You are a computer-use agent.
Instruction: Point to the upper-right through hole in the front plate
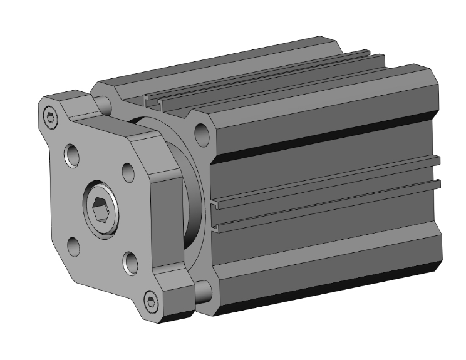tap(127, 173)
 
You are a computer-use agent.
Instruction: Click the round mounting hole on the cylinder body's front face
tap(202, 132)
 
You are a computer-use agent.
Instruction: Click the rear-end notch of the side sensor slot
tap(436, 170)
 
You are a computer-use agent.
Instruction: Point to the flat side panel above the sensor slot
tap(326, 160)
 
